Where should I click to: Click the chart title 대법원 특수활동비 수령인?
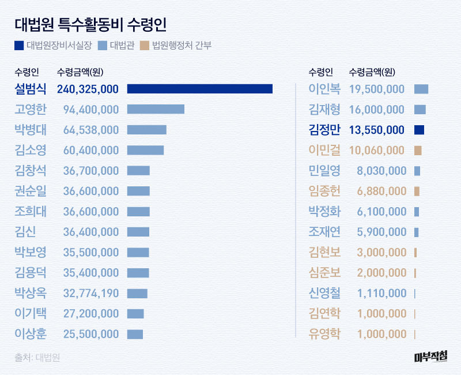[x=91, y=24]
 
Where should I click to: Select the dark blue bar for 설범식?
[x=199, y=89]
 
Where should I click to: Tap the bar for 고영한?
[x=156, y=109]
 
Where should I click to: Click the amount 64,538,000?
[x=88, y=130]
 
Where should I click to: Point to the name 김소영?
[x=31, y=150]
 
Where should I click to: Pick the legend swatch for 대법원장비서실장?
[x=19, y=45]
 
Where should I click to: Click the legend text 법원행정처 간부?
[x=182, y=45]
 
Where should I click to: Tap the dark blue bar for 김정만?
[x=419, y=130]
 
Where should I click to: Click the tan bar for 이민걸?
[x=418, y=150]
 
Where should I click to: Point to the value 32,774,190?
[x=88, y=293]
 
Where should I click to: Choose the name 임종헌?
[x=324, y=191]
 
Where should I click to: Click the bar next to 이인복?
[x=421, y=89]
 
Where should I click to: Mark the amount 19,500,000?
[x=377, y=89]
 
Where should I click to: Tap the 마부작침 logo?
[x=430, y=357]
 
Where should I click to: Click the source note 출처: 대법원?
[x=37, y=357]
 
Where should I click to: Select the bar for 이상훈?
[x=135, y=334]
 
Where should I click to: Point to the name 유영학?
[x=324, y=334]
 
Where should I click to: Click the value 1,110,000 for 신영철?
[x=381, y=293]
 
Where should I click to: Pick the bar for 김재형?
[x=420, y=109]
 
